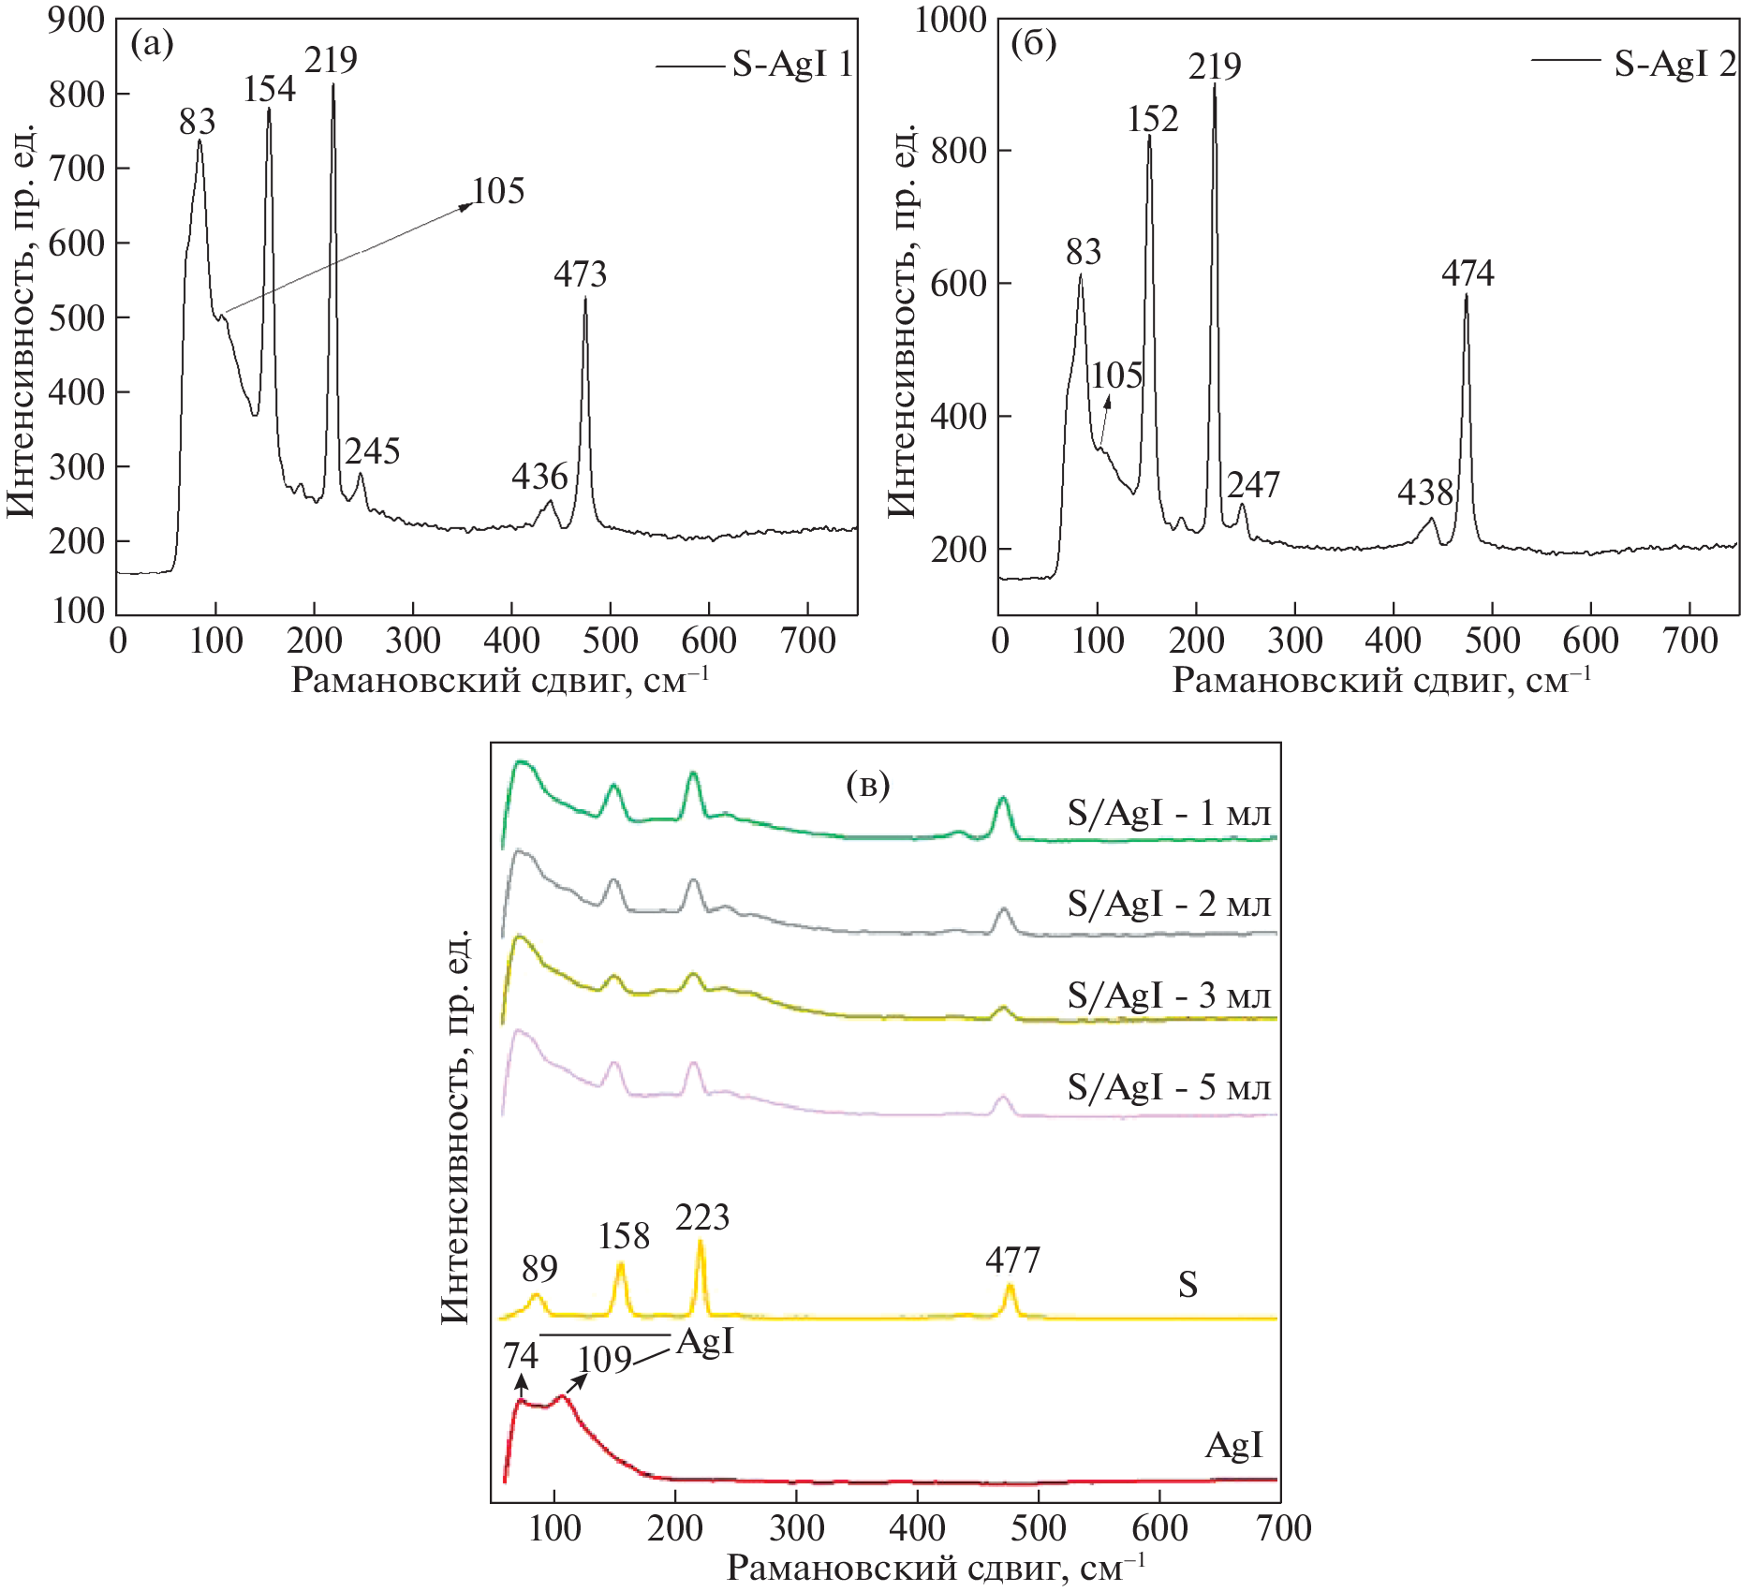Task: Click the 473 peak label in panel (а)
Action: click(580, 274)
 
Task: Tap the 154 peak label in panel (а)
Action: click(269, 89)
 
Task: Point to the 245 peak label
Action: click(372, 451)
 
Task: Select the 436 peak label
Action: click(539, 477)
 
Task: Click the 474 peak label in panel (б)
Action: click(1468, 273)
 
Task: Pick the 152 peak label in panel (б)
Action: click(1152, 119)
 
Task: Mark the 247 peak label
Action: click(1253, 484)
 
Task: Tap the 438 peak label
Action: click(1424, 493)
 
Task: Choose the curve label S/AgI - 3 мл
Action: click(1169, 995)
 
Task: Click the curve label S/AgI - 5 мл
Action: click(1169, 1087)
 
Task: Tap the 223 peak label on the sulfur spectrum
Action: click(701, 1217)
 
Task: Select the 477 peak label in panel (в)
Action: click(1012, 1260)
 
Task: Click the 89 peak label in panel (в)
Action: click(539, 1269)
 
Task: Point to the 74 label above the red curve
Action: click(521, 1356)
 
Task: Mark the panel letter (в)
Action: click(867, 785)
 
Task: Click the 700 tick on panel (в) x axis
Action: click(1284, 1528)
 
